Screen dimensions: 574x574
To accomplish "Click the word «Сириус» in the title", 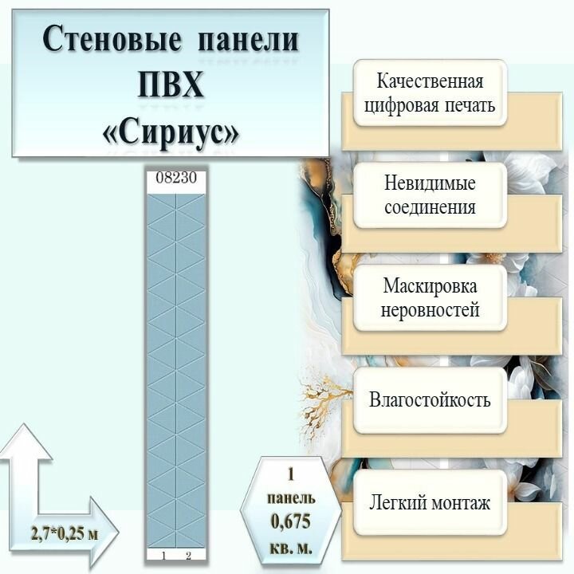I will tap(171, 130).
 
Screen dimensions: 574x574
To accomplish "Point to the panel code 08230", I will tap(176, 179).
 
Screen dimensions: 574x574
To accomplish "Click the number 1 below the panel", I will tap(163, 555).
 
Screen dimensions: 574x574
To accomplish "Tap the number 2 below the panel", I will tap(189, 555).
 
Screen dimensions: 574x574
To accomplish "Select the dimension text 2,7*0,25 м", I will tap(65, 533).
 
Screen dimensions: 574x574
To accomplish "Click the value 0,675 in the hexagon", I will tap(291, 522).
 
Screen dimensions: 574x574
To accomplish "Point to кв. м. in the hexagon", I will tap(291, 548).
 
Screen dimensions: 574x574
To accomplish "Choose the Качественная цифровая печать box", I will tap(431, 93).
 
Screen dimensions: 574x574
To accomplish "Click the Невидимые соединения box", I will tap(431, 195).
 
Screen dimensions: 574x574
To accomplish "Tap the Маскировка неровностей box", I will tap(431, 297).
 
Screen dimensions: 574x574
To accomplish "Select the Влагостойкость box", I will tap(431, 399).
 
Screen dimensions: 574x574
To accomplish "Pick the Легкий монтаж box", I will tap(431, 503).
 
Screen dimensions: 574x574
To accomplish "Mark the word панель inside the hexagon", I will tap(291, 497).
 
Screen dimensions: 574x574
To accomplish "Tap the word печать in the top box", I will tap(467, 106).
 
